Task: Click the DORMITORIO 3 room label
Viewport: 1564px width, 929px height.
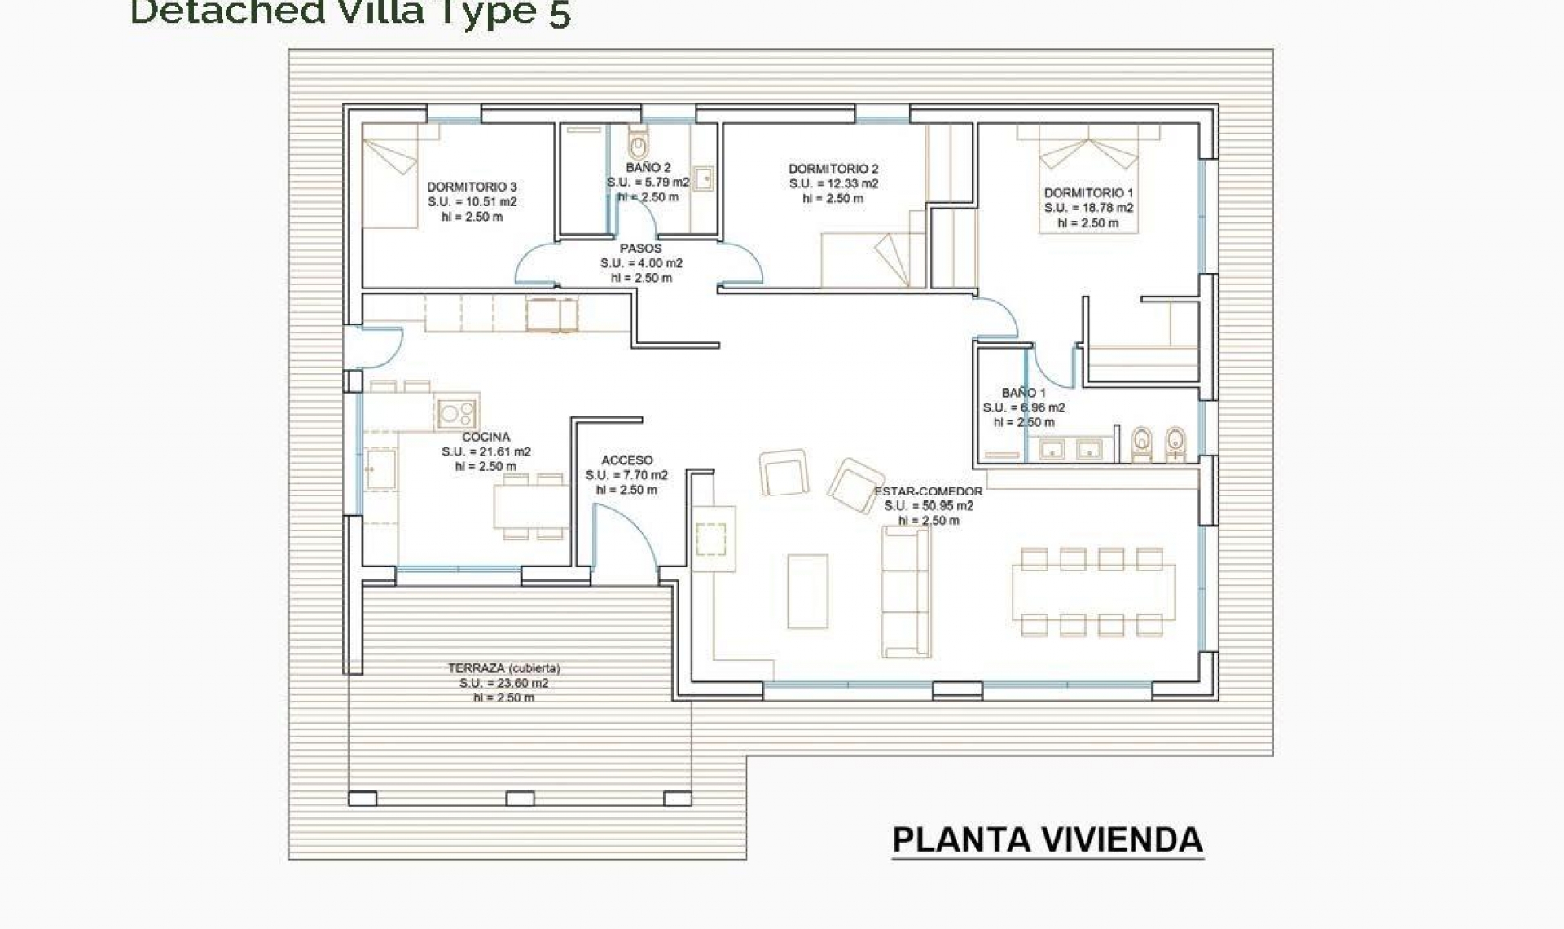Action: coord(472,187)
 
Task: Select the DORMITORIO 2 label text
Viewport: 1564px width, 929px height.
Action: coord(833,169)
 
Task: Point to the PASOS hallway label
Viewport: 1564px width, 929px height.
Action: coord(640,248)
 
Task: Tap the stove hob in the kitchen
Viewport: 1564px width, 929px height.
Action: coord(456,413)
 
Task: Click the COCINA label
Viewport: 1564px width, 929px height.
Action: coord(485,437)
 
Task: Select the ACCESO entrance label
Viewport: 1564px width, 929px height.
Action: coord(626,460)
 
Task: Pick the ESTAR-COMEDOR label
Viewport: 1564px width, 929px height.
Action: coord(929,491)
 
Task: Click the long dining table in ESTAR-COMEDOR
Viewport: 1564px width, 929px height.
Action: coord(1092,592)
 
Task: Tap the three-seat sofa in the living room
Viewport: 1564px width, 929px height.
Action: coord(906,592)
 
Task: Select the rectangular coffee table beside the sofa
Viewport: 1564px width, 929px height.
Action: coord(807,592)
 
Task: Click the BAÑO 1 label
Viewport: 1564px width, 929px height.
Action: coord(1023,393)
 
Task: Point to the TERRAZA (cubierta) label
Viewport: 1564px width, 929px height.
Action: coord(503,668)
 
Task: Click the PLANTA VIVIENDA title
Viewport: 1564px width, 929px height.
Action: coord(1048,840)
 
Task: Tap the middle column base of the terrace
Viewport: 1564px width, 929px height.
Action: coord(520,799)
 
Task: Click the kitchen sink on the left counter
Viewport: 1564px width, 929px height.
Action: coord(380,470)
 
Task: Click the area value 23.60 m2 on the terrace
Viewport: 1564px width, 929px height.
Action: coord(503,684)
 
